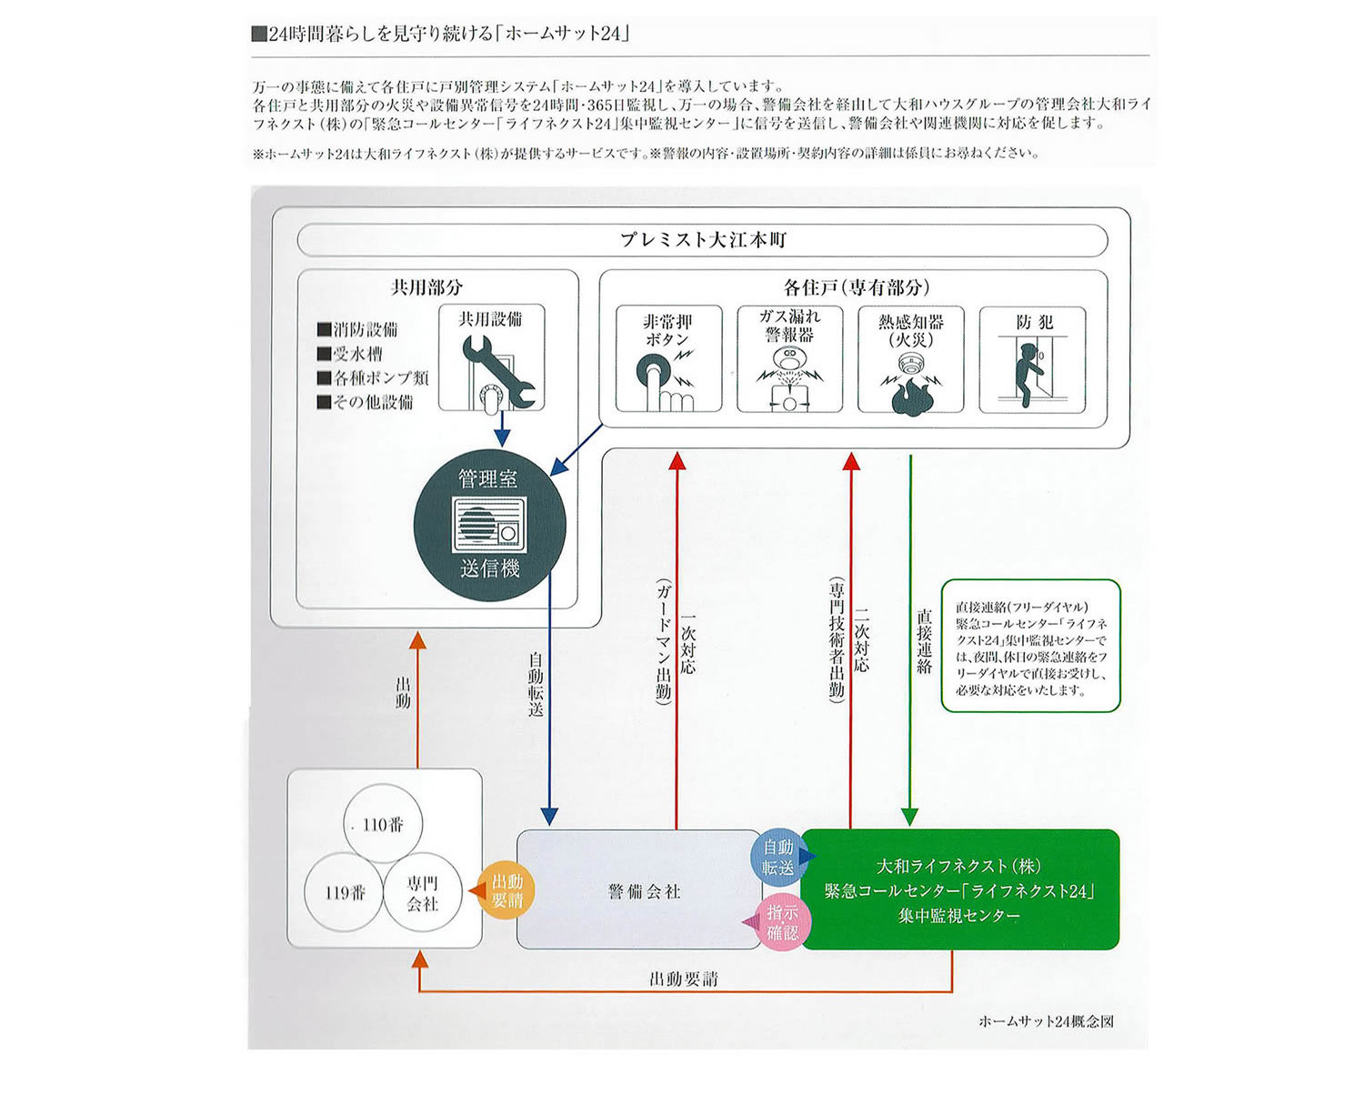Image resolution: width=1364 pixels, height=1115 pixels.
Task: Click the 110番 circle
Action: (383, 824)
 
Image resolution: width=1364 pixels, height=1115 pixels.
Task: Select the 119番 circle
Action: (345, 892)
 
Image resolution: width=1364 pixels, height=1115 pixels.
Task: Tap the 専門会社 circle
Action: (422, 892)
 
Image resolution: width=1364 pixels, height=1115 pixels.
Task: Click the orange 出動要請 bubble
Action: (506, 890)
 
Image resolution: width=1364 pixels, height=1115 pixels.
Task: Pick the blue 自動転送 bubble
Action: (777, 857)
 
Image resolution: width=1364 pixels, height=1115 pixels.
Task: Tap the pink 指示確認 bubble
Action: (781, 922)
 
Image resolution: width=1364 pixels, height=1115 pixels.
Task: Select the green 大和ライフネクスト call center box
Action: (959, 890)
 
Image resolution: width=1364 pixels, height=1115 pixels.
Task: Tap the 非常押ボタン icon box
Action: (668, 359)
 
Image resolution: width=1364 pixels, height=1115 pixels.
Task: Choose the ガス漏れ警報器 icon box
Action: (789, 359)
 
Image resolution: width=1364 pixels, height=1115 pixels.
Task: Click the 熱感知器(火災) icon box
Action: (910, 359)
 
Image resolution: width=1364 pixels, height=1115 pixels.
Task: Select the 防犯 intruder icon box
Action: (1032, 359)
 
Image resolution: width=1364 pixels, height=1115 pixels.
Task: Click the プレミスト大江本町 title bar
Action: (702, 240)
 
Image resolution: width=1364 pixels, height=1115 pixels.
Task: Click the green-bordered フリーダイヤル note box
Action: (1030, 646)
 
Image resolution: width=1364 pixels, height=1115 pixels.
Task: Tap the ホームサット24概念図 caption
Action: (1046, 1021)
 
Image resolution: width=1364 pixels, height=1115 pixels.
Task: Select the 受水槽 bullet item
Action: (350, 354)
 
